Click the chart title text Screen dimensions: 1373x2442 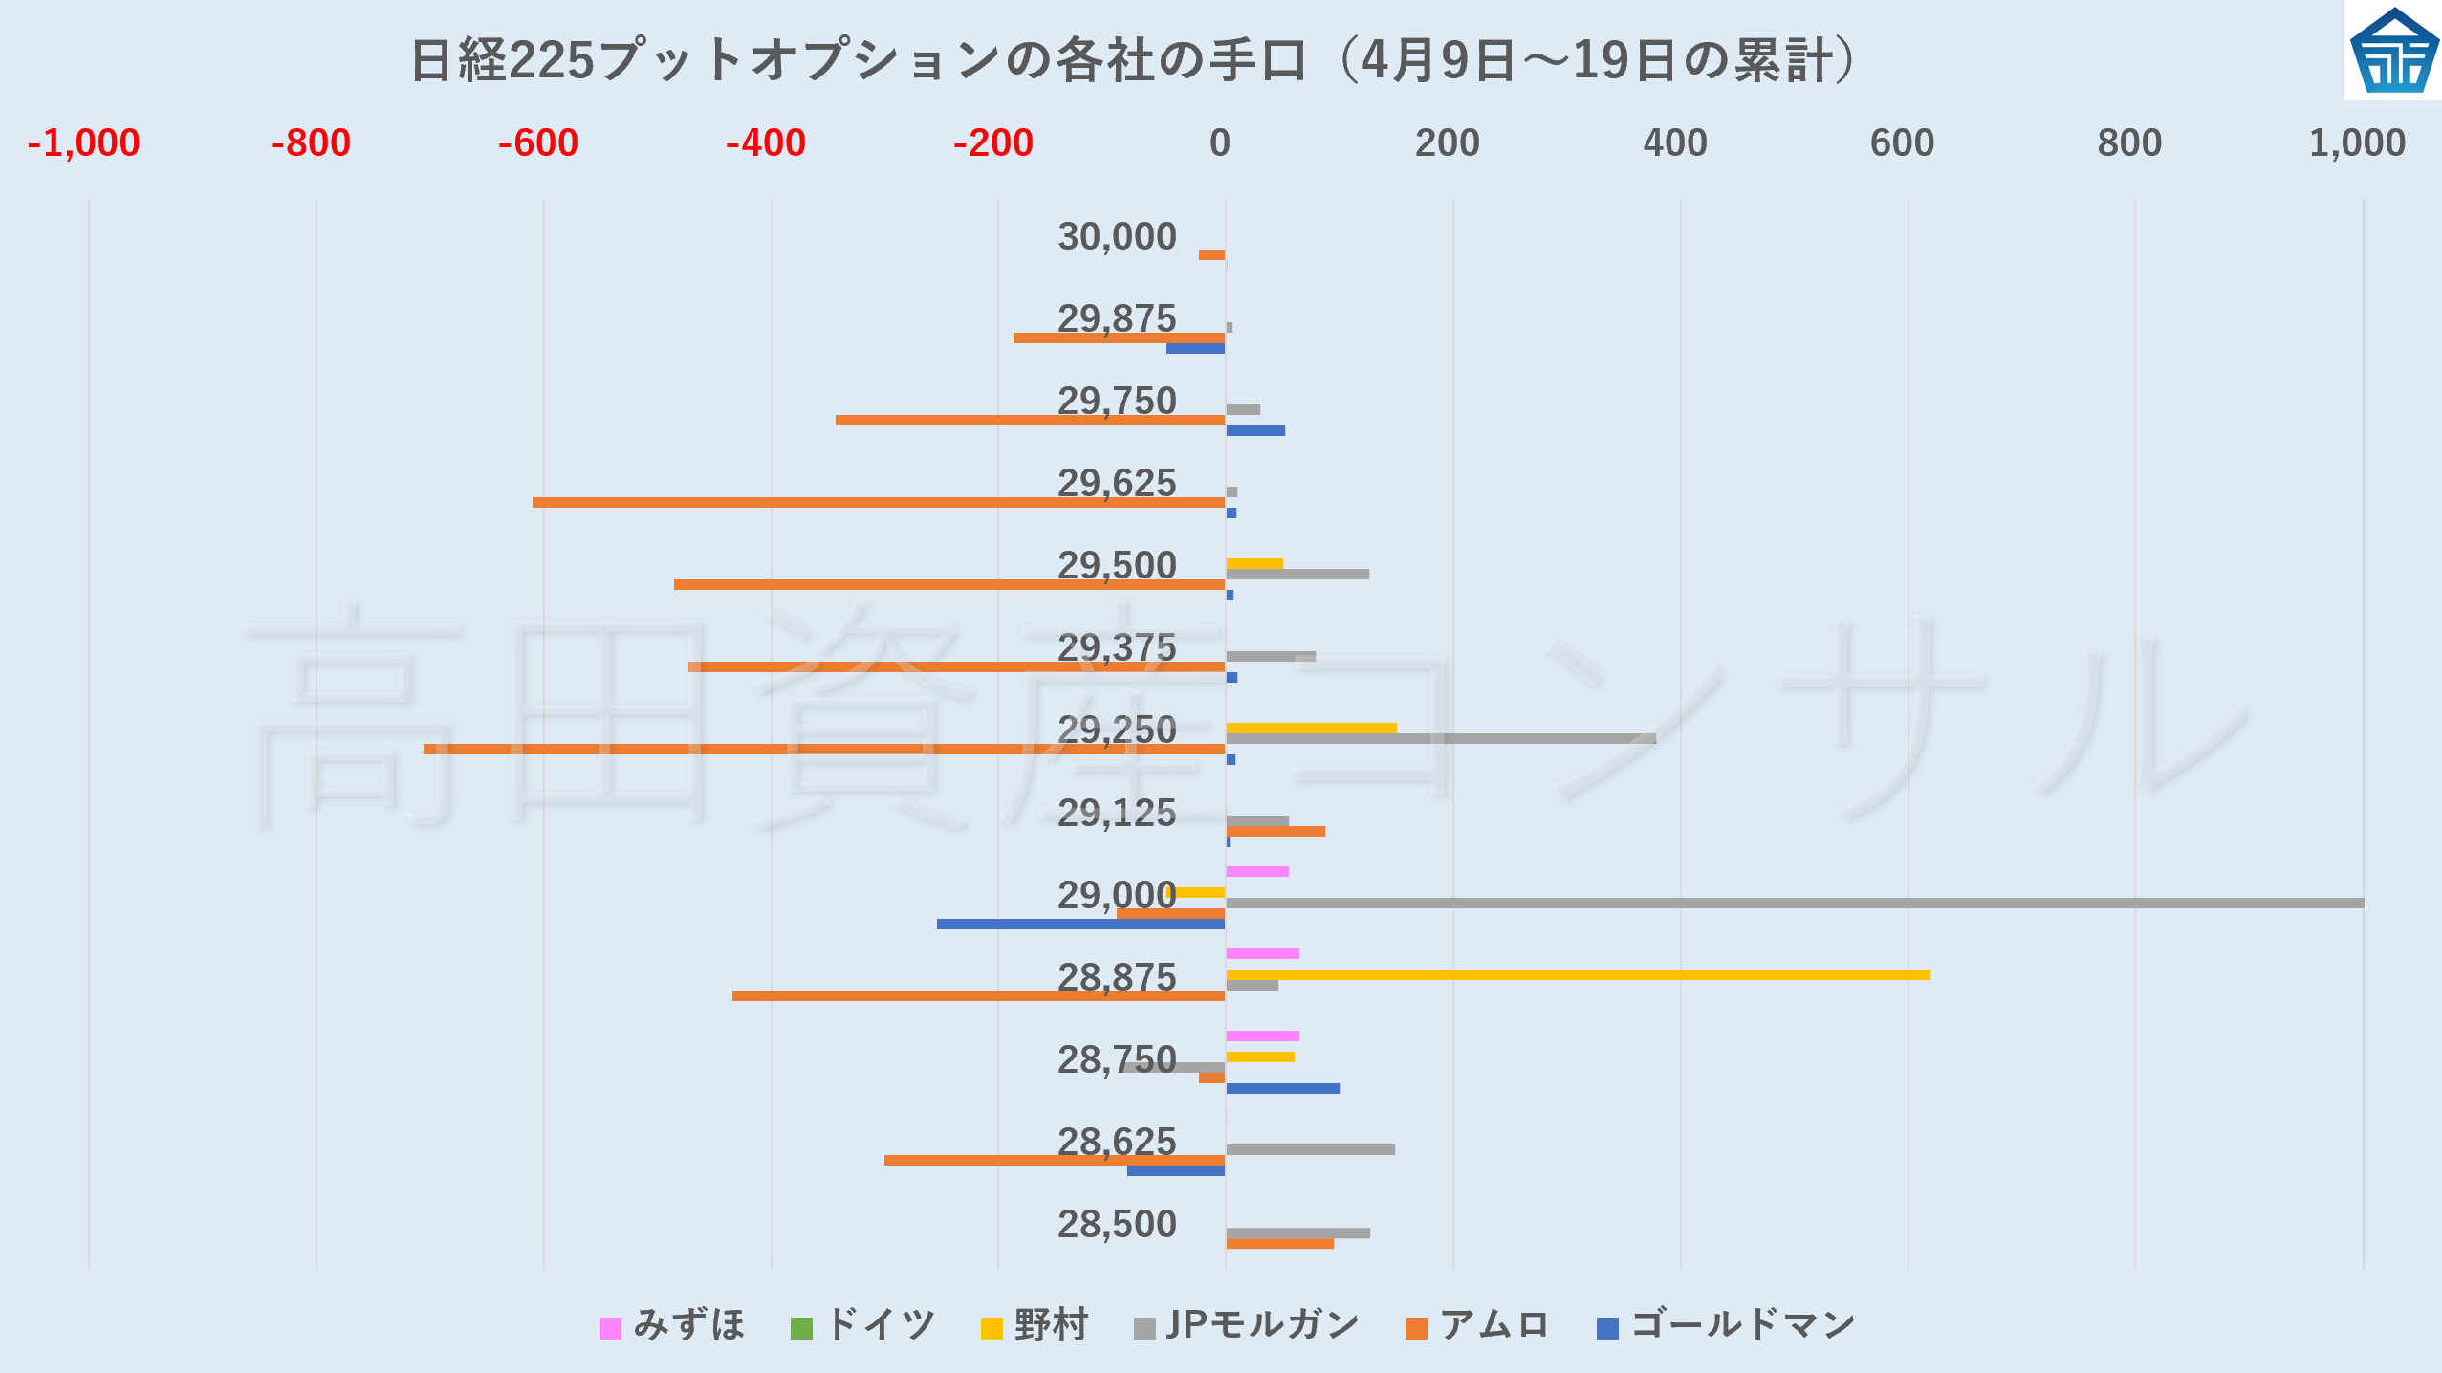[x=1134, y=59]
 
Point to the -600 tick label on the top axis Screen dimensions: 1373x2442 [x=538, y=143]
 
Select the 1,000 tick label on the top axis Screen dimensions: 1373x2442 [x=2356, y=143]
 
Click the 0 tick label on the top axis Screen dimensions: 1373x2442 [x=1219, y=143]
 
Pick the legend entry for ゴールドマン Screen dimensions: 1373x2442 [x=1727, y=1325]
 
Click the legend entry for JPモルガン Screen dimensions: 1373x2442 [x=1247, y=1325]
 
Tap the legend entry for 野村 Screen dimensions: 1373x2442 [x=1035, y=1325]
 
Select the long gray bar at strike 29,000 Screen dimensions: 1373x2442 [x=1794, y=903]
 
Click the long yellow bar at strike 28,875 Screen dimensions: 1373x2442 [x=1578, y=974]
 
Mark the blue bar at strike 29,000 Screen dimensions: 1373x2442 [x=1080, y=924]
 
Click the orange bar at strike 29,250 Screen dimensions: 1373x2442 [x=823, y=749]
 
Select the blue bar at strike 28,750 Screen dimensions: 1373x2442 [x=1282, y=1088]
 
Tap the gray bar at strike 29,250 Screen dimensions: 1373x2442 [x=1440, y=738]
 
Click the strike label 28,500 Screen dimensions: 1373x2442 [x=1117, y=1224]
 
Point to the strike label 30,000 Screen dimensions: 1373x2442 [x=1117, y=236]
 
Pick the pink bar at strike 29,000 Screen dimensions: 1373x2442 [x=1257, y=871]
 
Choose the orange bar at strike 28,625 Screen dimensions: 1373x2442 [x=1054, y=1160]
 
